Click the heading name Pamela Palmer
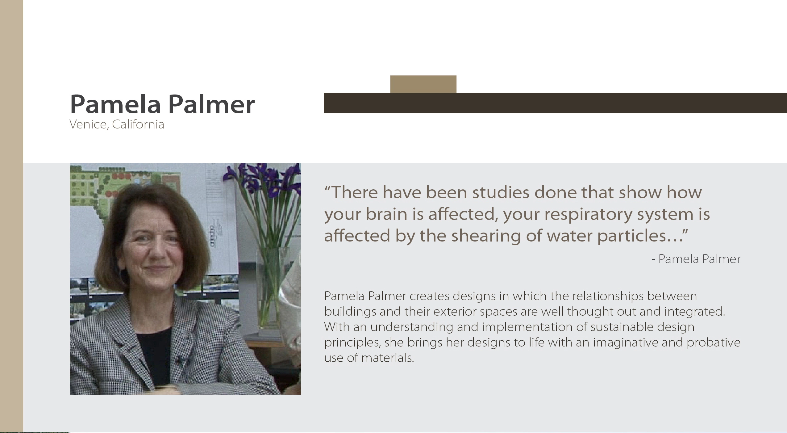click(x=162, y=104)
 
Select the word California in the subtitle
click(x=138, y=124)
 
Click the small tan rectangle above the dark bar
click(x=423, y=84)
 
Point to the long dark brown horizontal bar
click(x=555, y=103)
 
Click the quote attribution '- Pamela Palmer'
click(x=696, y=259)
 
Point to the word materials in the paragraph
click(x=388, y=358)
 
